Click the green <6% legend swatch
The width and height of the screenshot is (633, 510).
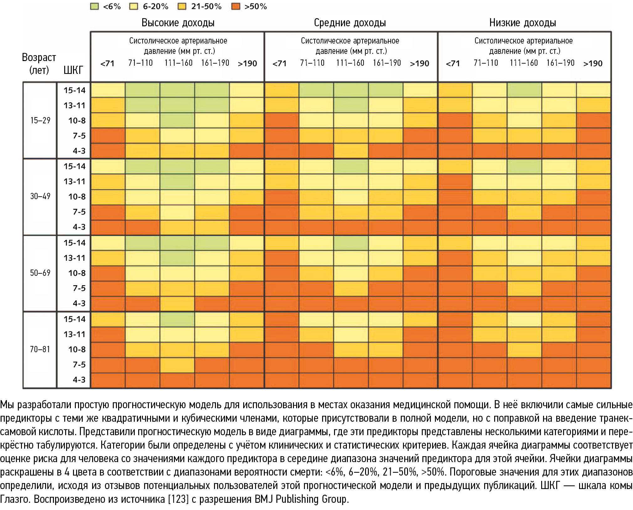click(x=94, y=7)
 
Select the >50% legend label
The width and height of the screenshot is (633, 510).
click(x=256, y=7)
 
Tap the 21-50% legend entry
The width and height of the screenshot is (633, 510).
click(x=206, y=7)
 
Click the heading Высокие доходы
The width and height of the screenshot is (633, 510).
click(x=178, y=23)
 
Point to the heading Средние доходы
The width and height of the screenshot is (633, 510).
click(x=350, y=23)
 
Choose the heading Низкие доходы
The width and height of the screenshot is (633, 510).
click(x=523, y=23)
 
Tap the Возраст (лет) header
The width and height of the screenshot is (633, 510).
click(x=39, y=64)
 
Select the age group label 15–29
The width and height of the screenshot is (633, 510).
click(x=40, y=121)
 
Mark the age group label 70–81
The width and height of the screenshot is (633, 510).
click(x=40, y=349)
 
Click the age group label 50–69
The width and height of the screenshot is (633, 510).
click(x=40, y=273)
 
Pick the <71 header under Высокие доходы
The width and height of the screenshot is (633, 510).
click(x=107, y=64)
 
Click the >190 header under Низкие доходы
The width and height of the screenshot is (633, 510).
click(x=593, y=64)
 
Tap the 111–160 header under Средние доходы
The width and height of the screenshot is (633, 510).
click(x=350, y=63)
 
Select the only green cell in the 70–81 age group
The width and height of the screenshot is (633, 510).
click(x=177, y=319)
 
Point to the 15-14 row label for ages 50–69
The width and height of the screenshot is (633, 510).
click(x=75, y=243)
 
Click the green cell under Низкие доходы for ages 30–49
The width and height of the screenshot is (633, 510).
click(x=524, y=166)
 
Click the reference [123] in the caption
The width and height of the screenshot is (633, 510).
click(x=177, y=499)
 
